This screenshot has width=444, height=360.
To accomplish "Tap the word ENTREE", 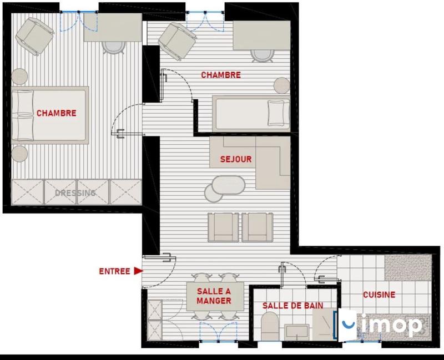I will pyautogui.click(x=114, y=272).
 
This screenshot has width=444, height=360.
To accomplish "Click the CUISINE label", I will pyautogui.click(x=379, y=295).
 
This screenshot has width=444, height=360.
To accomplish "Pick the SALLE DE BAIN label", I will pyautogui.click(x=292, y=305).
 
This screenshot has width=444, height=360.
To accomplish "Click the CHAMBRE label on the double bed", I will pyautogui.click(x=56, y=113).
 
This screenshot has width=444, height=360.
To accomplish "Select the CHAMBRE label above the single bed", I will pyautogui.click(x=221, y=75).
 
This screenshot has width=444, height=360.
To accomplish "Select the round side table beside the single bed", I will pyautogui.click(x=282, y=86).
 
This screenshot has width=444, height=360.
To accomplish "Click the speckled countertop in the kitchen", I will pyautogui.click(x=408, y=268).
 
